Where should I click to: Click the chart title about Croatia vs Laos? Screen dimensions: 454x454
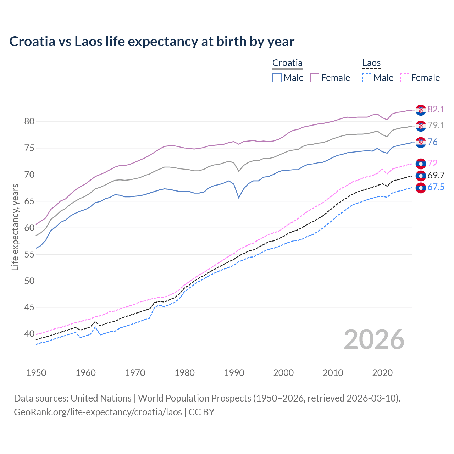(x=152, y=41)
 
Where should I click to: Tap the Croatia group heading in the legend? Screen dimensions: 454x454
(x=287, y=63)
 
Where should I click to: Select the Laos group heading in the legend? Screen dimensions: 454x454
(x=371, y=63)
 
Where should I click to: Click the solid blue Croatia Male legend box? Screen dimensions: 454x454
(x=277, y=78)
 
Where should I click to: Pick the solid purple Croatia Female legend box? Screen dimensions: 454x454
(x=315, y=78)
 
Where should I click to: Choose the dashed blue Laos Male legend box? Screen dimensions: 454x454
(x=367, y=78)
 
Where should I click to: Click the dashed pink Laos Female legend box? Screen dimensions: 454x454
(x=405, y=78)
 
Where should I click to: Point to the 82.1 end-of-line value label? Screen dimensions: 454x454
(x=436, y=109)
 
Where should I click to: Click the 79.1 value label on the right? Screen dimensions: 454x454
(x=436, y=125)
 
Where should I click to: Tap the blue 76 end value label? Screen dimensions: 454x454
(x=433, y=142)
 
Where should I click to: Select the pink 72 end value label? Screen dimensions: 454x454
(x=433, y=163)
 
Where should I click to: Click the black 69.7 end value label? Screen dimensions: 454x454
(x=436, y=175)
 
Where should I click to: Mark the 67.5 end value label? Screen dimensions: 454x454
(x=436, y=187)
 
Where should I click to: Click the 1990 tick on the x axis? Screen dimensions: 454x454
(x=234, y=373)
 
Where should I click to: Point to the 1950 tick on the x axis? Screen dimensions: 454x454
(x=36, y=373)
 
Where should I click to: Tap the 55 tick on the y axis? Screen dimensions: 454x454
(x=29, y=254)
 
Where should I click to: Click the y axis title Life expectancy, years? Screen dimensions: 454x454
(x=15, y=227)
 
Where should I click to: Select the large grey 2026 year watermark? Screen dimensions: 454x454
(x=374, y=340)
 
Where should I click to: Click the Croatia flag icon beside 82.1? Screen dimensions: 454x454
(x=421, y=110)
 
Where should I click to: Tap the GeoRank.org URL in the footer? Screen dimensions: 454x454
(x=98, y=412)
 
